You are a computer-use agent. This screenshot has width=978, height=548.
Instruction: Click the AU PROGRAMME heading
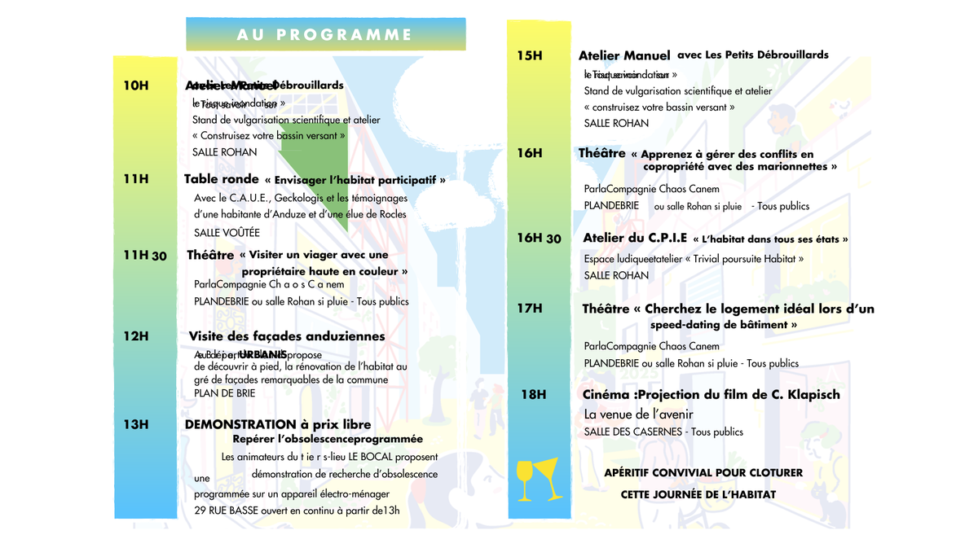[x=324, y=34]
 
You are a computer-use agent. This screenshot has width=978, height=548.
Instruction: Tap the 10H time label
[x=136, y=85]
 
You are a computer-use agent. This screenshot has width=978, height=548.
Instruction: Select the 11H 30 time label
[x=145, y=256]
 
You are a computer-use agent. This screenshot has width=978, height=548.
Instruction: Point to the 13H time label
[x=136, y=424]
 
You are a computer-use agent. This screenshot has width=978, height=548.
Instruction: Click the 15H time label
[x=530, y=55]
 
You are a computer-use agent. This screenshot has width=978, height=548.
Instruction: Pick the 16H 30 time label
[x=540, y=238]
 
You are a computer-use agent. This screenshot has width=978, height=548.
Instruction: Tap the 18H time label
[x=533, y=394]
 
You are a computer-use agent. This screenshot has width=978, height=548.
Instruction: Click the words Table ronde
[x=221, y=179]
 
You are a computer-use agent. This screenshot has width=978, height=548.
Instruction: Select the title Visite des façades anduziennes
[x=287, y=335]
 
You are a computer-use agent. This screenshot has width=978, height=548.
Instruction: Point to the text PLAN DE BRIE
[x=224, y=392]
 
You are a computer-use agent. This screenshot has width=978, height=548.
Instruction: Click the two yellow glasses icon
[x=539, y=480]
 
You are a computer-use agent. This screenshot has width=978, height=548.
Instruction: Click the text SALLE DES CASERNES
[x=633, y=432]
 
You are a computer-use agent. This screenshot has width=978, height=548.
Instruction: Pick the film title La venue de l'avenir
[x=639, y=414]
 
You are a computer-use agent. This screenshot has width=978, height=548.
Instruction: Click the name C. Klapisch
[x=807, y=394]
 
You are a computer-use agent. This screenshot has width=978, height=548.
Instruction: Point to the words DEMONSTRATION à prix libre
[x=278, y=424]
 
